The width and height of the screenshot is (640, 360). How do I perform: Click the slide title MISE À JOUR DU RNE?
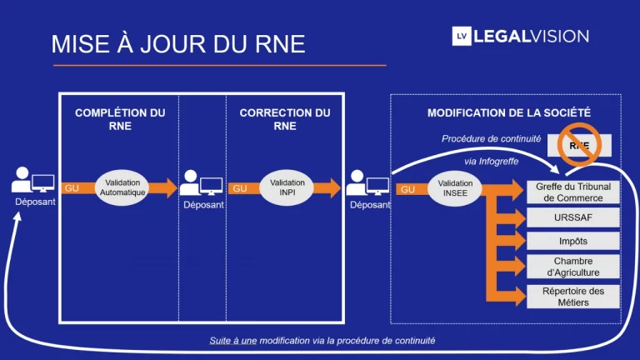point(178,43)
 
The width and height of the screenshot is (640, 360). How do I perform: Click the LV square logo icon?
point(462,36)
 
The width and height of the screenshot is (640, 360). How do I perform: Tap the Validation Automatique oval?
point(122,187)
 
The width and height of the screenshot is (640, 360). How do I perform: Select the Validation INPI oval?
point(287,187)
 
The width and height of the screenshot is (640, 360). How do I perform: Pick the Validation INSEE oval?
point(455,188)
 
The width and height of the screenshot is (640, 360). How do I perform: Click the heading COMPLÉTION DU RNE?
point(120,119)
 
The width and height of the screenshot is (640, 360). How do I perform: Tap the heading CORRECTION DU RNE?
point(285,119)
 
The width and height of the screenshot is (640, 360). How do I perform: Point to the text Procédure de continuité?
point(491,139)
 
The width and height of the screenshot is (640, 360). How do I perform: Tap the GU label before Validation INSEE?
point(407,189)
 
